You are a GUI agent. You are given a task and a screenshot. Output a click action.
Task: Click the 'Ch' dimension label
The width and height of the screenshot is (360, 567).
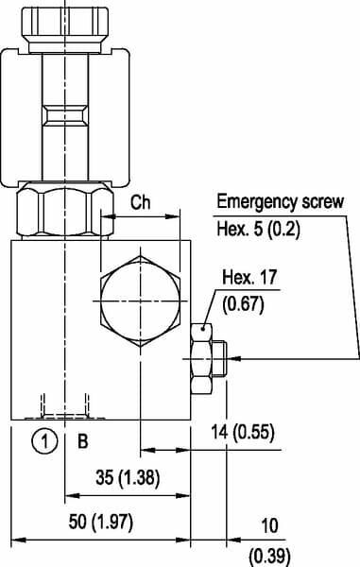pos(140,202)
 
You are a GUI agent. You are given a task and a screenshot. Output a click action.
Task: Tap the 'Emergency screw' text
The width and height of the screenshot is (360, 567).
pos(280,201)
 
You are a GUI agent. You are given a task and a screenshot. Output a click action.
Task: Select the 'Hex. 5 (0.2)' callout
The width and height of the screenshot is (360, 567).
pos(258,229)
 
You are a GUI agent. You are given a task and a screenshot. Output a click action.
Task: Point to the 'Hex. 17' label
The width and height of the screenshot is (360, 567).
pos(249,277)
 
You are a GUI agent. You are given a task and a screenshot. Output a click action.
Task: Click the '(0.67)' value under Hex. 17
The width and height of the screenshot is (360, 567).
pos(243,304)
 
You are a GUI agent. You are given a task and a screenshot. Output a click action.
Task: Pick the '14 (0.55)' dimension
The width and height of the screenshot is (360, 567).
pos(243,433)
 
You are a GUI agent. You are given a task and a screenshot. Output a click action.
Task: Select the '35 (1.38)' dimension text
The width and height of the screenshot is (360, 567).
pos(128,477)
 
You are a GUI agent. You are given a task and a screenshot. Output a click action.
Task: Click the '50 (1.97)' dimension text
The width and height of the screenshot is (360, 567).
pos(101,523)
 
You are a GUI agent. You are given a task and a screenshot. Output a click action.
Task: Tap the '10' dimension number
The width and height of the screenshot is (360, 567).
pos(269,525)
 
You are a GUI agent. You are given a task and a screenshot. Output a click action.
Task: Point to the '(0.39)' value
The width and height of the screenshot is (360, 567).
pos(269,557)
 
